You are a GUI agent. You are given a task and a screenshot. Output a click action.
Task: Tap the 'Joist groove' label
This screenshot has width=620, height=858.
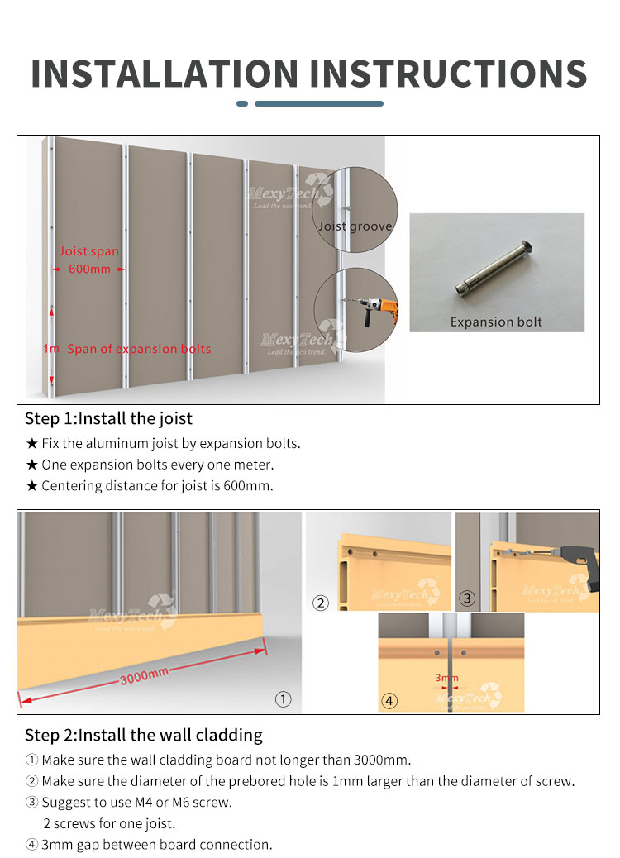click(x=355, y=226)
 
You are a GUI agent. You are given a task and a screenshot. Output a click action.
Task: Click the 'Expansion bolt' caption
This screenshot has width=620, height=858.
click(x=496, y=322)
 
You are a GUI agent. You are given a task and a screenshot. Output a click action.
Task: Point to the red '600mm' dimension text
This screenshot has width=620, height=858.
click(x=88, y=269)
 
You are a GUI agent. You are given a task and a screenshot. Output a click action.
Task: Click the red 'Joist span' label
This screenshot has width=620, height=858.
click(x=88, y=251)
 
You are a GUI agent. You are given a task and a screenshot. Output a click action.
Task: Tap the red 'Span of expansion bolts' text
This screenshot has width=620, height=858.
click(x=138, y=349)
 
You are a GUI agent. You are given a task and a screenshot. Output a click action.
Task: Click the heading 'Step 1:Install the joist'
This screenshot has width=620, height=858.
click(x=108, y=418)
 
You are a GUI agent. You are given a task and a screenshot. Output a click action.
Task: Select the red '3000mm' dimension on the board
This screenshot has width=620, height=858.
click(x=145, y=676)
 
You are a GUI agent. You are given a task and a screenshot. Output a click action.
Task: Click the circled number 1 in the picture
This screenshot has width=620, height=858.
click(x=284, y=699)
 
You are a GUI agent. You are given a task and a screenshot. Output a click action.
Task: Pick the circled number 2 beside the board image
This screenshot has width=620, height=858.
click(x=321, y=603)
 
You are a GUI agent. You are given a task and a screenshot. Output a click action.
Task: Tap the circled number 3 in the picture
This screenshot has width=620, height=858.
click(x=468, y=598)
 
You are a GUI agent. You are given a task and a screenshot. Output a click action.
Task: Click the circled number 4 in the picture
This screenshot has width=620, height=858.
click(x=389, y=701)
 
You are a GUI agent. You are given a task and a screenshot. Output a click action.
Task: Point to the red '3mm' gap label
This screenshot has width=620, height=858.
click(x=446, y=678)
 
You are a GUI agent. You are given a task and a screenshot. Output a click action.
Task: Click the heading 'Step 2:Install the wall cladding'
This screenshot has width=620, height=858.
click(x=143, y=735)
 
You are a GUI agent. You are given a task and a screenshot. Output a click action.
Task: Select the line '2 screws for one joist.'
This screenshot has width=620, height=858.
click(x=109, y=823)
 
